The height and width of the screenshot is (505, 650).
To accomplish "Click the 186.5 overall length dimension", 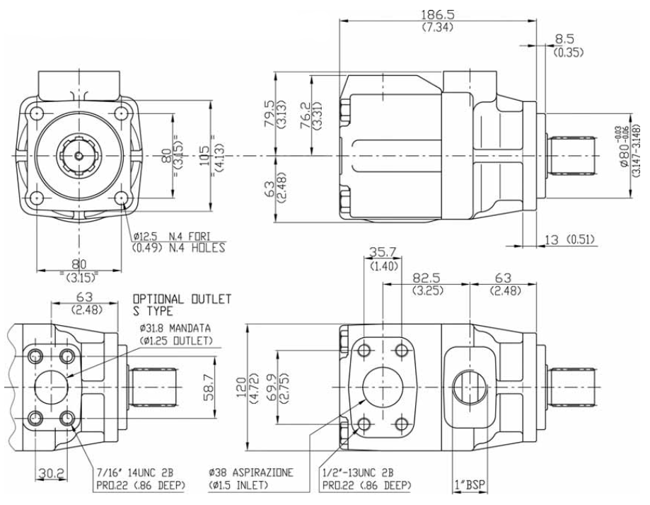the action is point(438,15).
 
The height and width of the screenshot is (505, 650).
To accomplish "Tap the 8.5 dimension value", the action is point(564,39).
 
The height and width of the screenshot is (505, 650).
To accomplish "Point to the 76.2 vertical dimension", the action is point(305,116).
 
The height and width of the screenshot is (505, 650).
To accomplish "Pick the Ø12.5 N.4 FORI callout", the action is point(172,237).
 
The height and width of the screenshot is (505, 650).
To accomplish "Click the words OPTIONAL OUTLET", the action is point(182,299).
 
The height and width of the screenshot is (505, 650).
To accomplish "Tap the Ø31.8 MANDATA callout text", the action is point(175,328).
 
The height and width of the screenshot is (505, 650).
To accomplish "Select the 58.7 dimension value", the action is point(209,387).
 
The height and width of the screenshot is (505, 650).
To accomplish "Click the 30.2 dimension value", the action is point(52,472).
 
